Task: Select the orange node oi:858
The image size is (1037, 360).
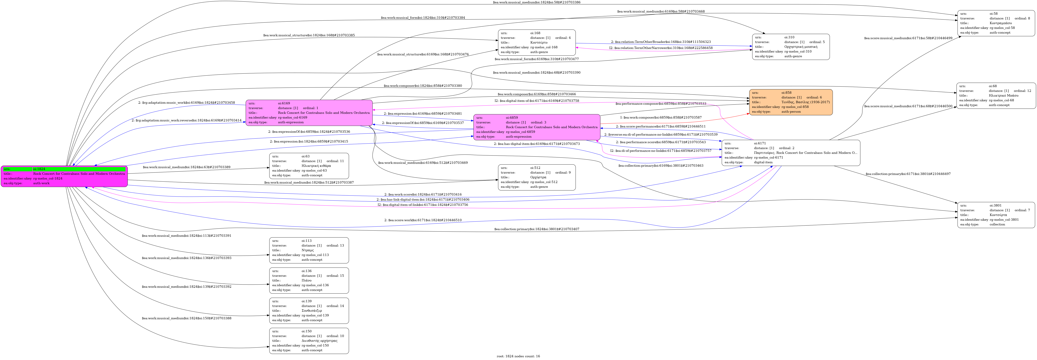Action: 791,102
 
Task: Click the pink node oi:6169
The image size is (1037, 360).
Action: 309,113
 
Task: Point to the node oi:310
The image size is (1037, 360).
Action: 791,47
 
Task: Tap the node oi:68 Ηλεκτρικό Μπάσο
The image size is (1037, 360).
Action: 996,95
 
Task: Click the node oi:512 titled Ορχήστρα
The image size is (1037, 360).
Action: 537,177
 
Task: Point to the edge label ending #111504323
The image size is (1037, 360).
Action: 661,42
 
